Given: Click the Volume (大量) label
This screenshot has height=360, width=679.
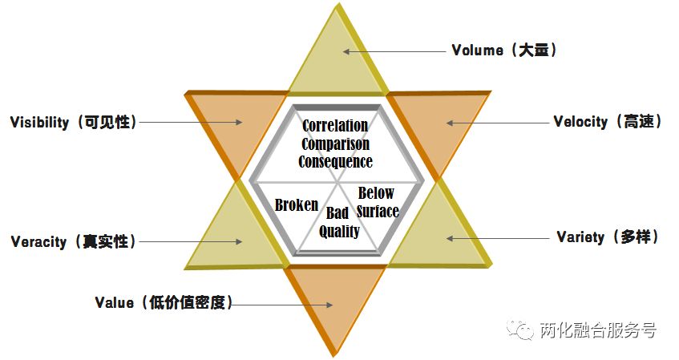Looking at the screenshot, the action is [x=503, y=51].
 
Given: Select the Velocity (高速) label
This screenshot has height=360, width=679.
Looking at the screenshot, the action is [x=607, y=122].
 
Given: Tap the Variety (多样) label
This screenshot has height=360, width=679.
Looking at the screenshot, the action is [x=607, y=237].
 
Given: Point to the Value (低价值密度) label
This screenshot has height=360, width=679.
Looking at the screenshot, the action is [x=164, y=302].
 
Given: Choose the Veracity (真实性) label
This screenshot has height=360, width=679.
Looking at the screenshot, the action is [x=73, y=241].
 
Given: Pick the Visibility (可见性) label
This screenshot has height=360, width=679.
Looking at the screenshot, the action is [x=73, y=123].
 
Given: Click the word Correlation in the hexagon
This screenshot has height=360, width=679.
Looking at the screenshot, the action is [x=335, y=126].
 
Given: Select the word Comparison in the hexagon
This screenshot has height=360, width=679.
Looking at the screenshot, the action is [x=335, y=144].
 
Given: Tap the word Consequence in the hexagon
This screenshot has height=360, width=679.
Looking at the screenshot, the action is [x=335, y=161].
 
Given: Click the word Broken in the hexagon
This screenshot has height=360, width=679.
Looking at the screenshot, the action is [x=296, y=204].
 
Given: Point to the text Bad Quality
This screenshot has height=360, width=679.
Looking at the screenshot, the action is [x=339, y=222].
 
